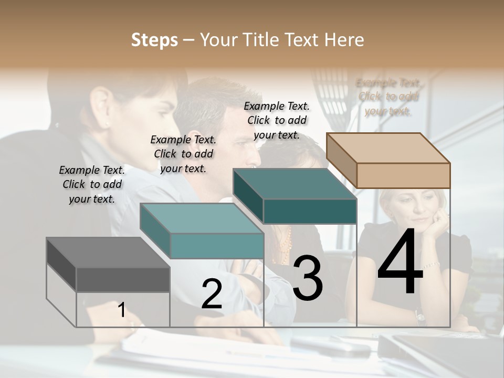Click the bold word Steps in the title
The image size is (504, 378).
pyautogui.click(x=154, y=40)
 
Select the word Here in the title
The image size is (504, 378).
pyautogui.click(x=344, y=40)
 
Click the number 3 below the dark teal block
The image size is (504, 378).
pyautogui.click(x=308, y=278)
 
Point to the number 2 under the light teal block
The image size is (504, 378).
pyautogui.click(x=212, y=294)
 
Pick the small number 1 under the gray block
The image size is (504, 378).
pyautogui.click(x=121, y=310)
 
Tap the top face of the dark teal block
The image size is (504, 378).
pyautogui.click(x=295, y=184)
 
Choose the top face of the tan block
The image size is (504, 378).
pyautogui.click(x=388, y=148)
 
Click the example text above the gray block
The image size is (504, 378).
pyautogui.click(x=92, y=184)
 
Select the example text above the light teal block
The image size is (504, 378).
pyautogui.click(x=183, y=154)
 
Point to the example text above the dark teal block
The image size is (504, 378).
pyautogui.click(x=277, y=120)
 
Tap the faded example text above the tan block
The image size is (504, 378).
pyautogui.click(x=388, y=97)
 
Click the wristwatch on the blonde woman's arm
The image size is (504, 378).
pyautogui.click(x=419, y=316)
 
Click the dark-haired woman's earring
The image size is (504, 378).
pyautogui.click(x=107, y=124)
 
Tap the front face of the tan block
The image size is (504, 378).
pyautogui.click(x=403, y=175)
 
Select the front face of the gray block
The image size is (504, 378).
pyautogui.click(x=123, y=279)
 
